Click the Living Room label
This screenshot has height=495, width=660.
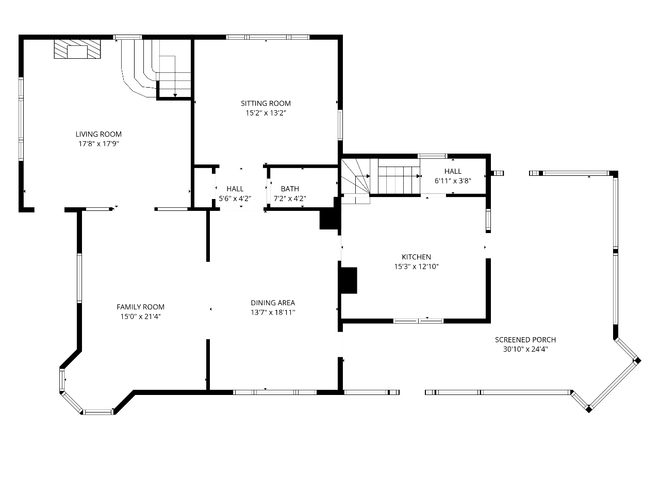point(98,134)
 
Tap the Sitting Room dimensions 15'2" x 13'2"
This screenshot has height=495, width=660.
point(266,113)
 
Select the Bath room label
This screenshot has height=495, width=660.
point(290,189)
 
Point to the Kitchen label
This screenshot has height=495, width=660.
point(417,257)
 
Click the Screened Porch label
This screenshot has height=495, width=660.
point(525,340)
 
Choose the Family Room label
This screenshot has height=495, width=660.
point(140,307)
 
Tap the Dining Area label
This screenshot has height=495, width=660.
point(273,303)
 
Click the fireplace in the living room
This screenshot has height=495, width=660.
point(77,49)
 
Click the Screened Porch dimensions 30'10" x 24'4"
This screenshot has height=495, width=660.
point(525,349)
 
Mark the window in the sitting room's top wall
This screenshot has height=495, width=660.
point(268,37)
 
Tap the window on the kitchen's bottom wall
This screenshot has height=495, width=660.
point(418,321)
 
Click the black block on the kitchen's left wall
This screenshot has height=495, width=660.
point(349,280)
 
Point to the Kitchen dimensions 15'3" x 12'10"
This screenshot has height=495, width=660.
point(417,267)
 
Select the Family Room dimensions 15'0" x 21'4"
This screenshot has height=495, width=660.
point(140,317)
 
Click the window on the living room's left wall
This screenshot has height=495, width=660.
point(21,119)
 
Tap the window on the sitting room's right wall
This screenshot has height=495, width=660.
point(340,125)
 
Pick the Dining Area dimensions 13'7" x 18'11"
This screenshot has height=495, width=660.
point(273,312)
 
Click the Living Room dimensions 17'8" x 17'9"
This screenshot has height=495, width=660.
point(98,144)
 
